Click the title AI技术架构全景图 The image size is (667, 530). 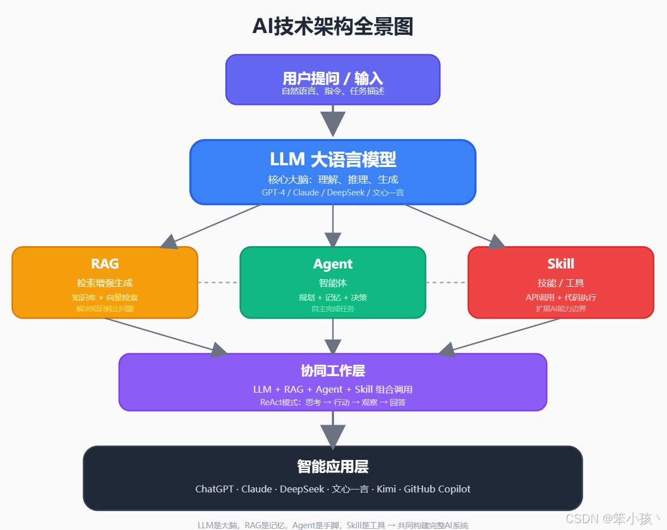333,27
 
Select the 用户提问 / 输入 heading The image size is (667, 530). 333,78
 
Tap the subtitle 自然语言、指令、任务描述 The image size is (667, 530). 333,91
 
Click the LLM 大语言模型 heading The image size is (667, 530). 333,159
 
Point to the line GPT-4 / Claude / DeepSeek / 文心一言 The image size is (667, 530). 333,193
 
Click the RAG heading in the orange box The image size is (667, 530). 105,264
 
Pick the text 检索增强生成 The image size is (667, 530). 105,283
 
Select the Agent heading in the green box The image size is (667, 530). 333,264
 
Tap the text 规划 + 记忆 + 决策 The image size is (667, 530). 333,297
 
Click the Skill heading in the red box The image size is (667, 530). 561,264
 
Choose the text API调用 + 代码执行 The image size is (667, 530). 561,297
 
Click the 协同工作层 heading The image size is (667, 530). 333,371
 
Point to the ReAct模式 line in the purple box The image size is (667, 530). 333,402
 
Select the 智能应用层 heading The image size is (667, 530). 333,467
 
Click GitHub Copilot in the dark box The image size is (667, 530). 437,489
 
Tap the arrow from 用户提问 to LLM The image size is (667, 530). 333,121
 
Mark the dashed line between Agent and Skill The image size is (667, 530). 446,282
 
